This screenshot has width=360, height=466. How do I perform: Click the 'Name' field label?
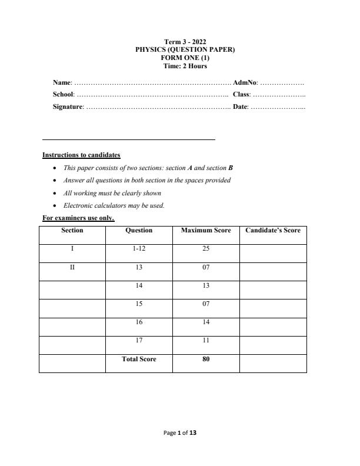tap(62, 82)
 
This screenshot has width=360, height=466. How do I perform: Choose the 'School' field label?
tap(64, 94)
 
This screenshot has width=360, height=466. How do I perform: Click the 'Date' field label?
tap(240, 106)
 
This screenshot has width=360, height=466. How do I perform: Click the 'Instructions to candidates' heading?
tap(81, 155)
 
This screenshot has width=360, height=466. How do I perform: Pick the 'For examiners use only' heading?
tap(78, 218)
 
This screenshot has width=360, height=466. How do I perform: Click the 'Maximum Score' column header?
tap(206, 231)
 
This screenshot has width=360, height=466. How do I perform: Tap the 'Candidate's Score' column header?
tap(273, 231)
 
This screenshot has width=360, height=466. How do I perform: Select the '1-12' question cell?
tap(139, 249)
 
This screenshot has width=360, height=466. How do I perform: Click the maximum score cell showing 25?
tap(206, 249)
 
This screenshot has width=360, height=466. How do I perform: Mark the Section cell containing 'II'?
tap(72, 267)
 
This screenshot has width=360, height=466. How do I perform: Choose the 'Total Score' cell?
tap(139, 359)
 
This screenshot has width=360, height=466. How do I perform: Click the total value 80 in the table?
tap(206, 359)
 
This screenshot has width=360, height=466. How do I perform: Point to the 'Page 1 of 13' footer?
tap(180, 432)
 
